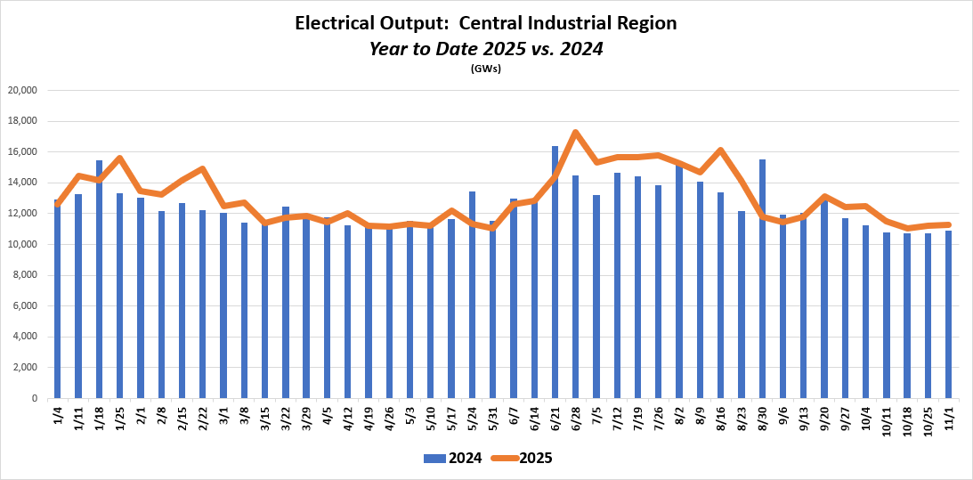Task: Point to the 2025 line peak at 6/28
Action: (576, 133)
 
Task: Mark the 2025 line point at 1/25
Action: (119, 159)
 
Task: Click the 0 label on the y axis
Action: (34, 399)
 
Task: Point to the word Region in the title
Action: (647, 24)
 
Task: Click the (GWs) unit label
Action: (486, 69)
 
